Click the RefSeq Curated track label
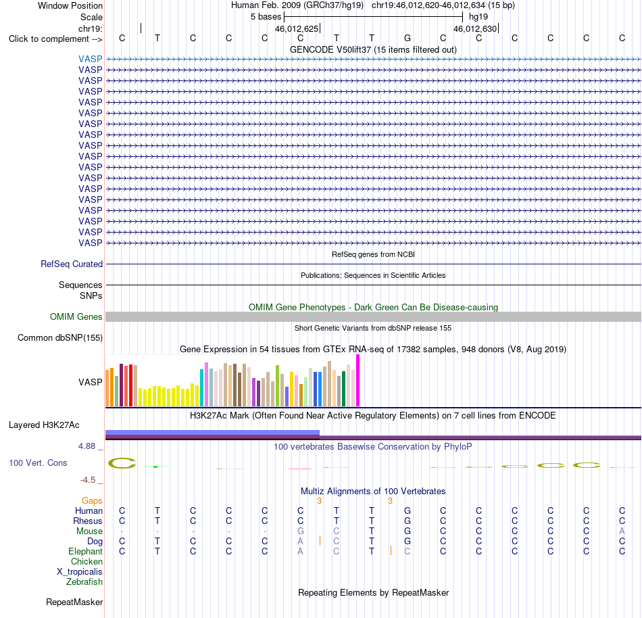pyautogui.click(x=71, y=264)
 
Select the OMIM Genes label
pyautogui.click(x=76, y=316)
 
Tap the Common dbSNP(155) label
pyautogui.click(x=59, y=338)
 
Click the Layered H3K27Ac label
pyautogui.click(x=44, y=425)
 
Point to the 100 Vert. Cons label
pyautogui.click(x=38, y=462)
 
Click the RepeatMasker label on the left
pyautogui.click(x=74, y=602)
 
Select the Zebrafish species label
pyautogui.click(x=84, y=582)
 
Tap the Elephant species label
pyautogui.click(x=85, y=551)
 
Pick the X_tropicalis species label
pyautogui.click(x=80, y=572)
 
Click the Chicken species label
pyautogui.click(x=87, y=561)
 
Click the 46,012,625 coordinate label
pyautogui.click(x=297, y=28)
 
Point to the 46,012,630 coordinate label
pyautogui.click(x=475, y=28)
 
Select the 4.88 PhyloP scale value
pyautogui.click(x=87, y=446)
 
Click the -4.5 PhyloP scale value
pyautogui.click(x=88, y=479)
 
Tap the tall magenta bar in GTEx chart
pyautogui.click(x=358, y=381)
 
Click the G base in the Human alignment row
pyautogui.click(x=408, y=510)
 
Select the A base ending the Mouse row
pyautogui.click(x=622, y=531)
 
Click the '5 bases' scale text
pyautogui.click(x=266, y=17)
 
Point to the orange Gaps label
pyautogui.click(x=92, y=500)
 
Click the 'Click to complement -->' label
pyautogui.click(x=55, y=39)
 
